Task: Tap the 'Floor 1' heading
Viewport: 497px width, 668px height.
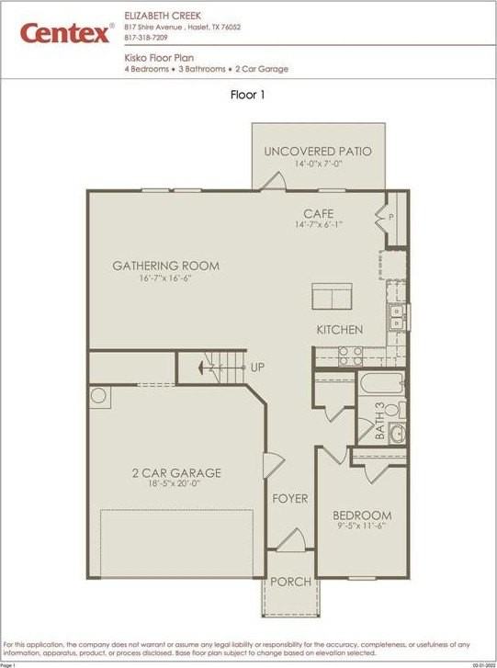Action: (248, 94)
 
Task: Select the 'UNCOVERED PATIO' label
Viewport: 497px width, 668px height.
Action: (318, 151)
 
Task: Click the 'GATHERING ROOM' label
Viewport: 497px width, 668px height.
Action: (165, 266)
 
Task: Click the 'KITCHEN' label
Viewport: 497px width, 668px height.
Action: (339, 330)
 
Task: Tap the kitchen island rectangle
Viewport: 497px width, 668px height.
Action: (333, 298)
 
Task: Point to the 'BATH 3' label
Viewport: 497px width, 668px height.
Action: (380, 425)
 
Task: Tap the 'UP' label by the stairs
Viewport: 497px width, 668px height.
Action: (258, 368)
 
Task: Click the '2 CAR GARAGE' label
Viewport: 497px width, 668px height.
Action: (175, 473)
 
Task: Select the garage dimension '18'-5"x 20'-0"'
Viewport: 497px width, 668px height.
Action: (175, 485)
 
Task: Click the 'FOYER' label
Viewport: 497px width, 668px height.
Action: (290, 499)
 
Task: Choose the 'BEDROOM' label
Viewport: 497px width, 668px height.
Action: (362, 515)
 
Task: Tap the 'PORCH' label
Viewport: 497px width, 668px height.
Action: (290, 582)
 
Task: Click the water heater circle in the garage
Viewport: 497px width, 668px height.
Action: (98, 396)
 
